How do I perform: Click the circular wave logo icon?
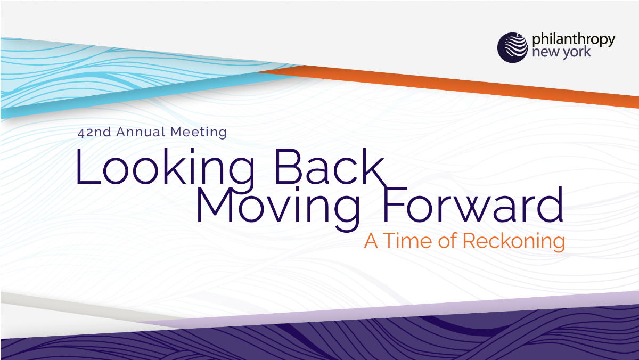point(512,47)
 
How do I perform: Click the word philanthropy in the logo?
point(574,40)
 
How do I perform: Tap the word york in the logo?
point(572,53)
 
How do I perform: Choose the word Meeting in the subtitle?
point(199,132)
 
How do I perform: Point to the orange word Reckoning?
point(513,241)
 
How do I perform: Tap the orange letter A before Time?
point(372,241)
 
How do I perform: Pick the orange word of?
point(446,241)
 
